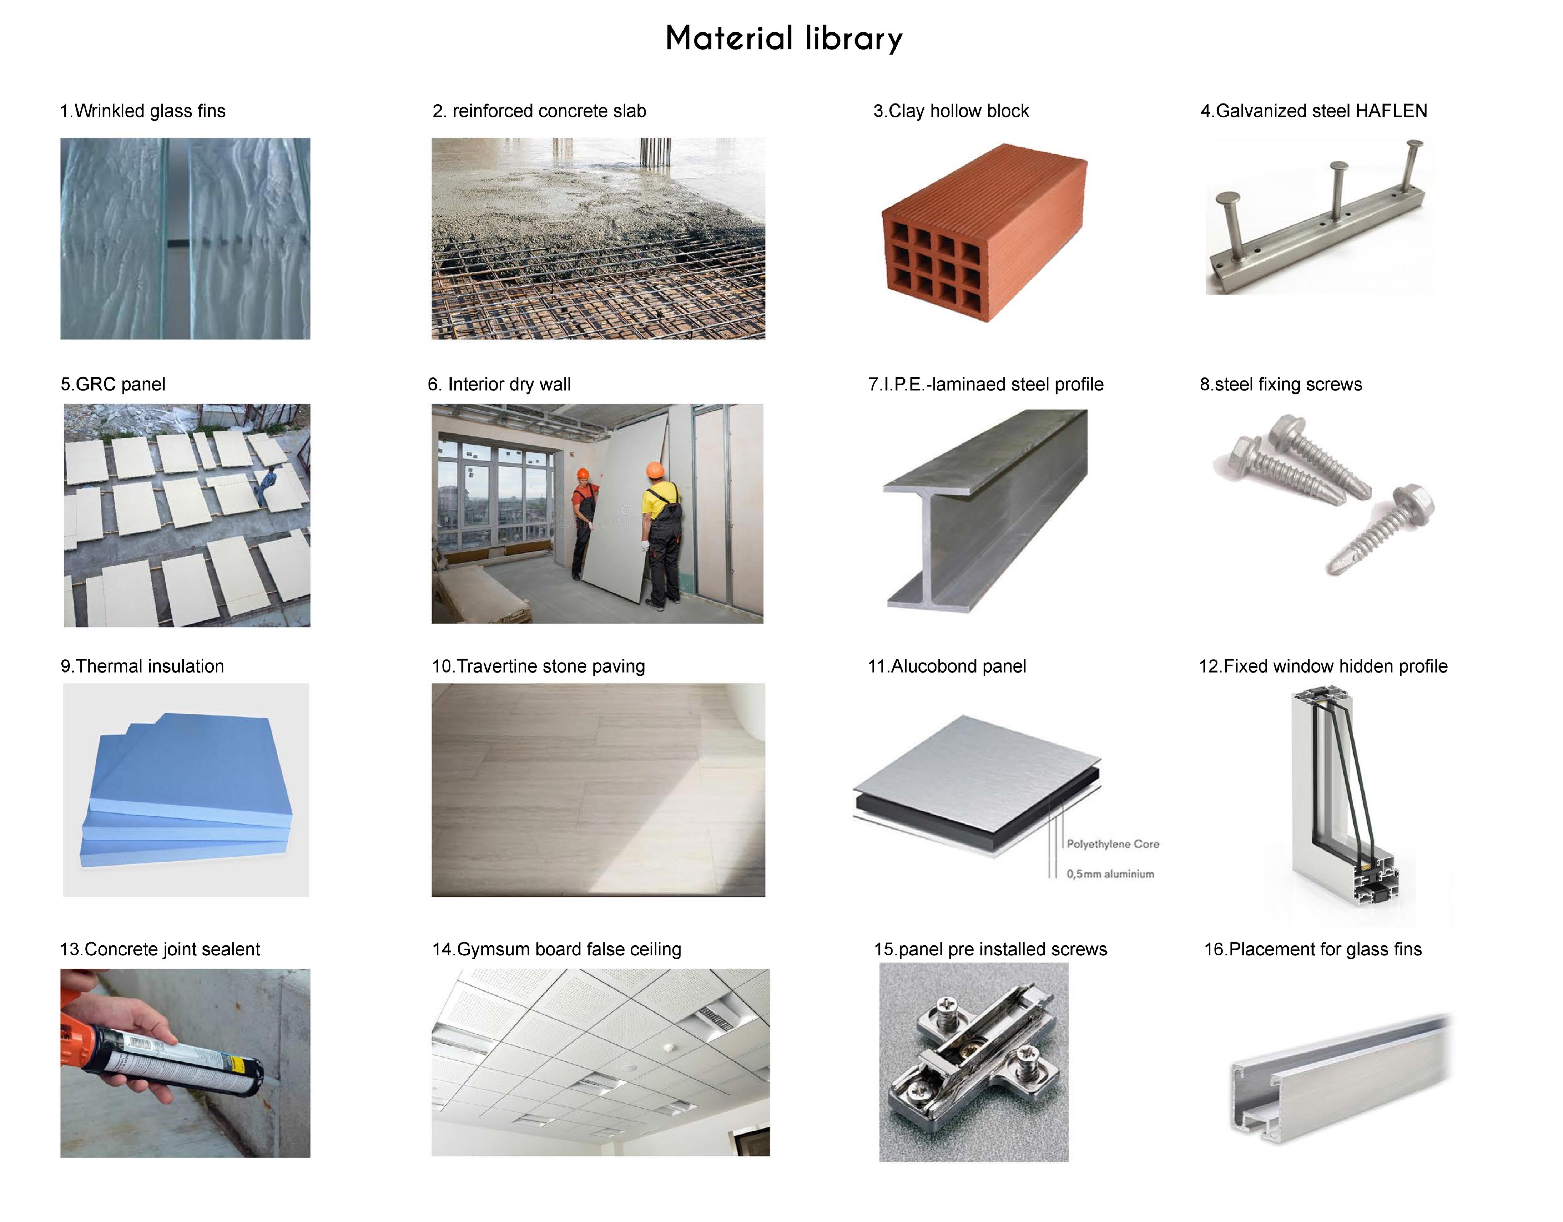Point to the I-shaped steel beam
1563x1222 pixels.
tap(984, 512)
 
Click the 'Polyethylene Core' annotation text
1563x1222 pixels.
tap(1113, 844)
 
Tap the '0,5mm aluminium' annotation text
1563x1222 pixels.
tap(1110, 874)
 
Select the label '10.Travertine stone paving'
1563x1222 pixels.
tap(538, 666)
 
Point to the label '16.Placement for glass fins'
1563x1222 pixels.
tap(1312, 949)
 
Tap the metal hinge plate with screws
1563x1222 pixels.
tap(973, 1059)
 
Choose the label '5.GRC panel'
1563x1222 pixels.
tap(113, 384)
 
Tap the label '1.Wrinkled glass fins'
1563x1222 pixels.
tap(142, 111)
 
